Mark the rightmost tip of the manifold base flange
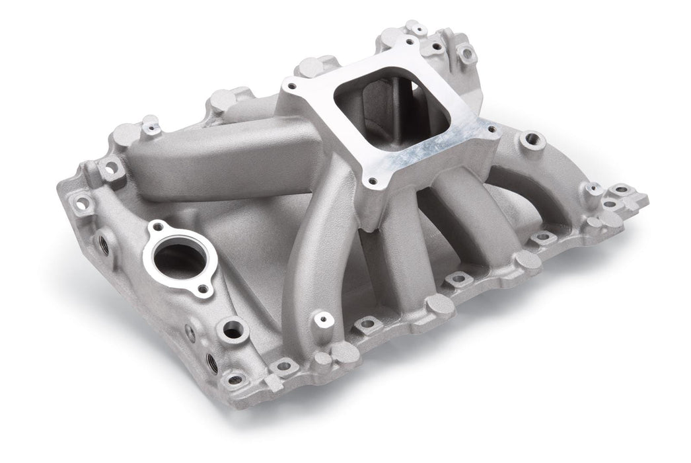point(644,198)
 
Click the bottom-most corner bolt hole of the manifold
point(235,380)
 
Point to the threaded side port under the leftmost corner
point(104,243)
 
